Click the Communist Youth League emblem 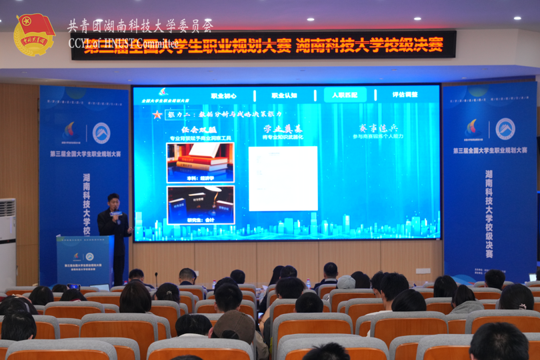[34, 34]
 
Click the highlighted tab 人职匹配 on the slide [345, 95]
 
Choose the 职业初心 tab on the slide [224, 95]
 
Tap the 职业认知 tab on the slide [284, 95]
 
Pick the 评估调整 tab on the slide [405, 95]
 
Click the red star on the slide [157, 115]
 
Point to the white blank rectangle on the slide [283, 179]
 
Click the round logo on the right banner [505, 129]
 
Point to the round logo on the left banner [101, 133]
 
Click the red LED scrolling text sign [263, 45]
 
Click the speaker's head [113, 200]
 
